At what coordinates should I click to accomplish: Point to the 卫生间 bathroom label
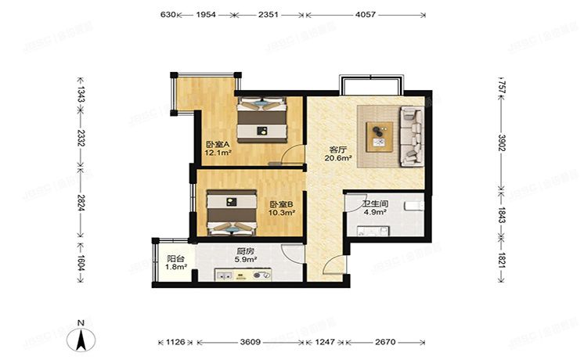click(372, 204)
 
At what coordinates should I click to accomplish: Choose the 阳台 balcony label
click(175, 259)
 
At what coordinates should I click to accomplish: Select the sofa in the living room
click(412, 137)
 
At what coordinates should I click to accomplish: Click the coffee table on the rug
click(380, 135)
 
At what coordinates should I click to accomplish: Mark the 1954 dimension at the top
click(207, 15)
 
